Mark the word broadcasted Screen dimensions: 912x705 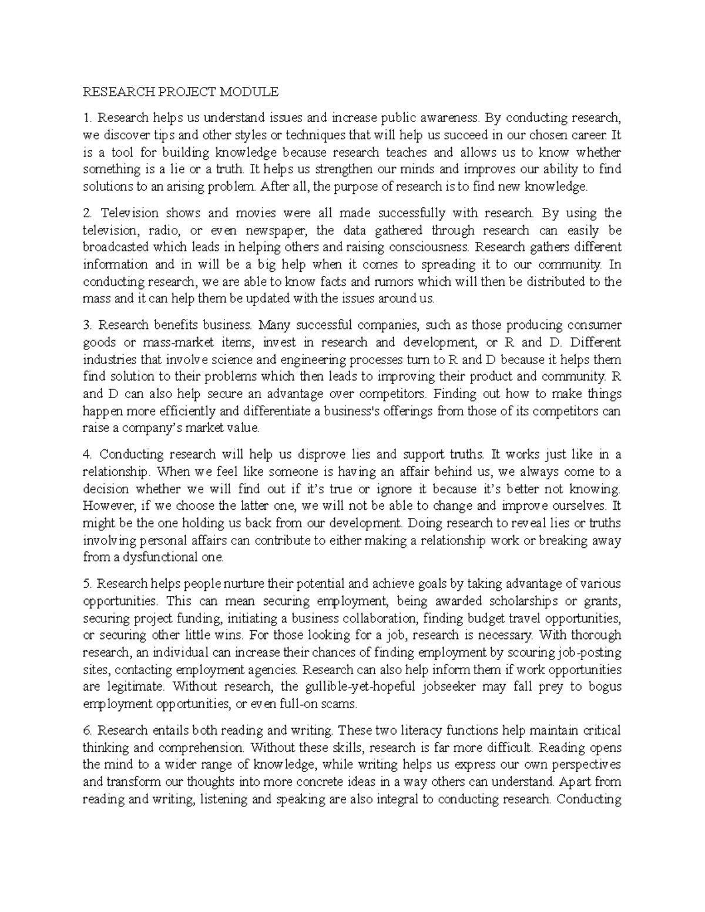pyautogui.click(x=116, y=247)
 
